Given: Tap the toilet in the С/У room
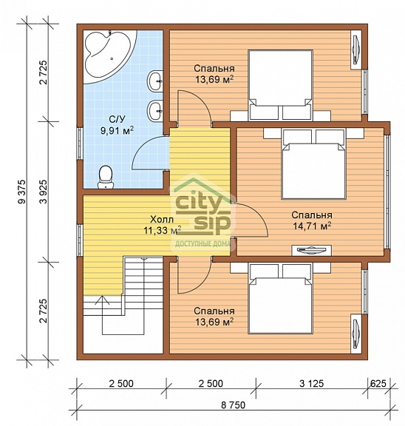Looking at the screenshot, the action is [x=106, y=177].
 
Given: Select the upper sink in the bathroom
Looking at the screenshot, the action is [x=155, y=81].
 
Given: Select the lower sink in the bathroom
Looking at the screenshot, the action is [x=155, y=110].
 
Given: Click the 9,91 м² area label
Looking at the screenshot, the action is [x=118, y=131].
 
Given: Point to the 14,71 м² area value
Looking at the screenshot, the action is [x=312, y=226].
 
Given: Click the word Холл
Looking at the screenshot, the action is [x=162, y=219].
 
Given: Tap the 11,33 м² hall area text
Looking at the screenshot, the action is [x=163, y=231].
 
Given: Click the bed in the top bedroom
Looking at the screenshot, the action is [x=280, y=85].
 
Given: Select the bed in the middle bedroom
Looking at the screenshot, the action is [x=313, y=163].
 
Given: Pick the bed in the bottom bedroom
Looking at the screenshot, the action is [x=280, y=298].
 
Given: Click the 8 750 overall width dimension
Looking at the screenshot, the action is [x=233, y=405].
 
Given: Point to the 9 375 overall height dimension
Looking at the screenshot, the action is [x=21, y=192].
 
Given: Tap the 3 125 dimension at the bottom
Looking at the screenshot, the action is [x=312, y=384].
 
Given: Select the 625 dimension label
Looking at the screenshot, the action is [x=378, y=383].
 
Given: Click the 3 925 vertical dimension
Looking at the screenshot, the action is [x=43, y=192].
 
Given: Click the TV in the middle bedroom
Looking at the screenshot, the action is [x=311, y=250].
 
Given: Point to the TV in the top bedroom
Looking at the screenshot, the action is [x=356, y=50].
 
